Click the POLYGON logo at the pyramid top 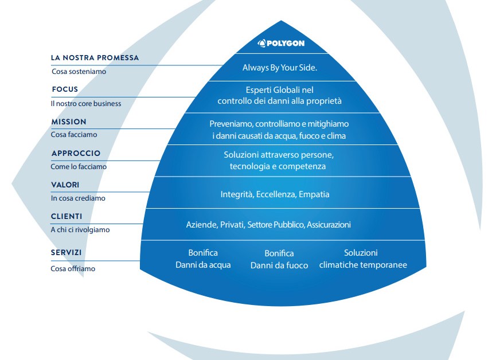tap(281, 43)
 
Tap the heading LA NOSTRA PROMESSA tap(95, 58)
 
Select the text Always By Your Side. tap(280, 68)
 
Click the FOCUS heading tap(65, 89)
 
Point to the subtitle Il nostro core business tap(86, 104)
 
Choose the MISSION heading tap(69, 122)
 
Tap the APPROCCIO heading tap(76, 154)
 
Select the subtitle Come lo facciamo tap(79, 166)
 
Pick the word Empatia tap(314, 194)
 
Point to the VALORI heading tap(65, 185)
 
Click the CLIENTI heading tap(67, 217)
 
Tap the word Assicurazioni tap(329, 225)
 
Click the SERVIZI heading tap(66, 253)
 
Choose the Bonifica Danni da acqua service tap(203, 259)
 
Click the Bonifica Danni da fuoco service tap(279, 259)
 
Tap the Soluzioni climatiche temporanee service tap(363, 259)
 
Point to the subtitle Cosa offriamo tap(73, 269)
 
